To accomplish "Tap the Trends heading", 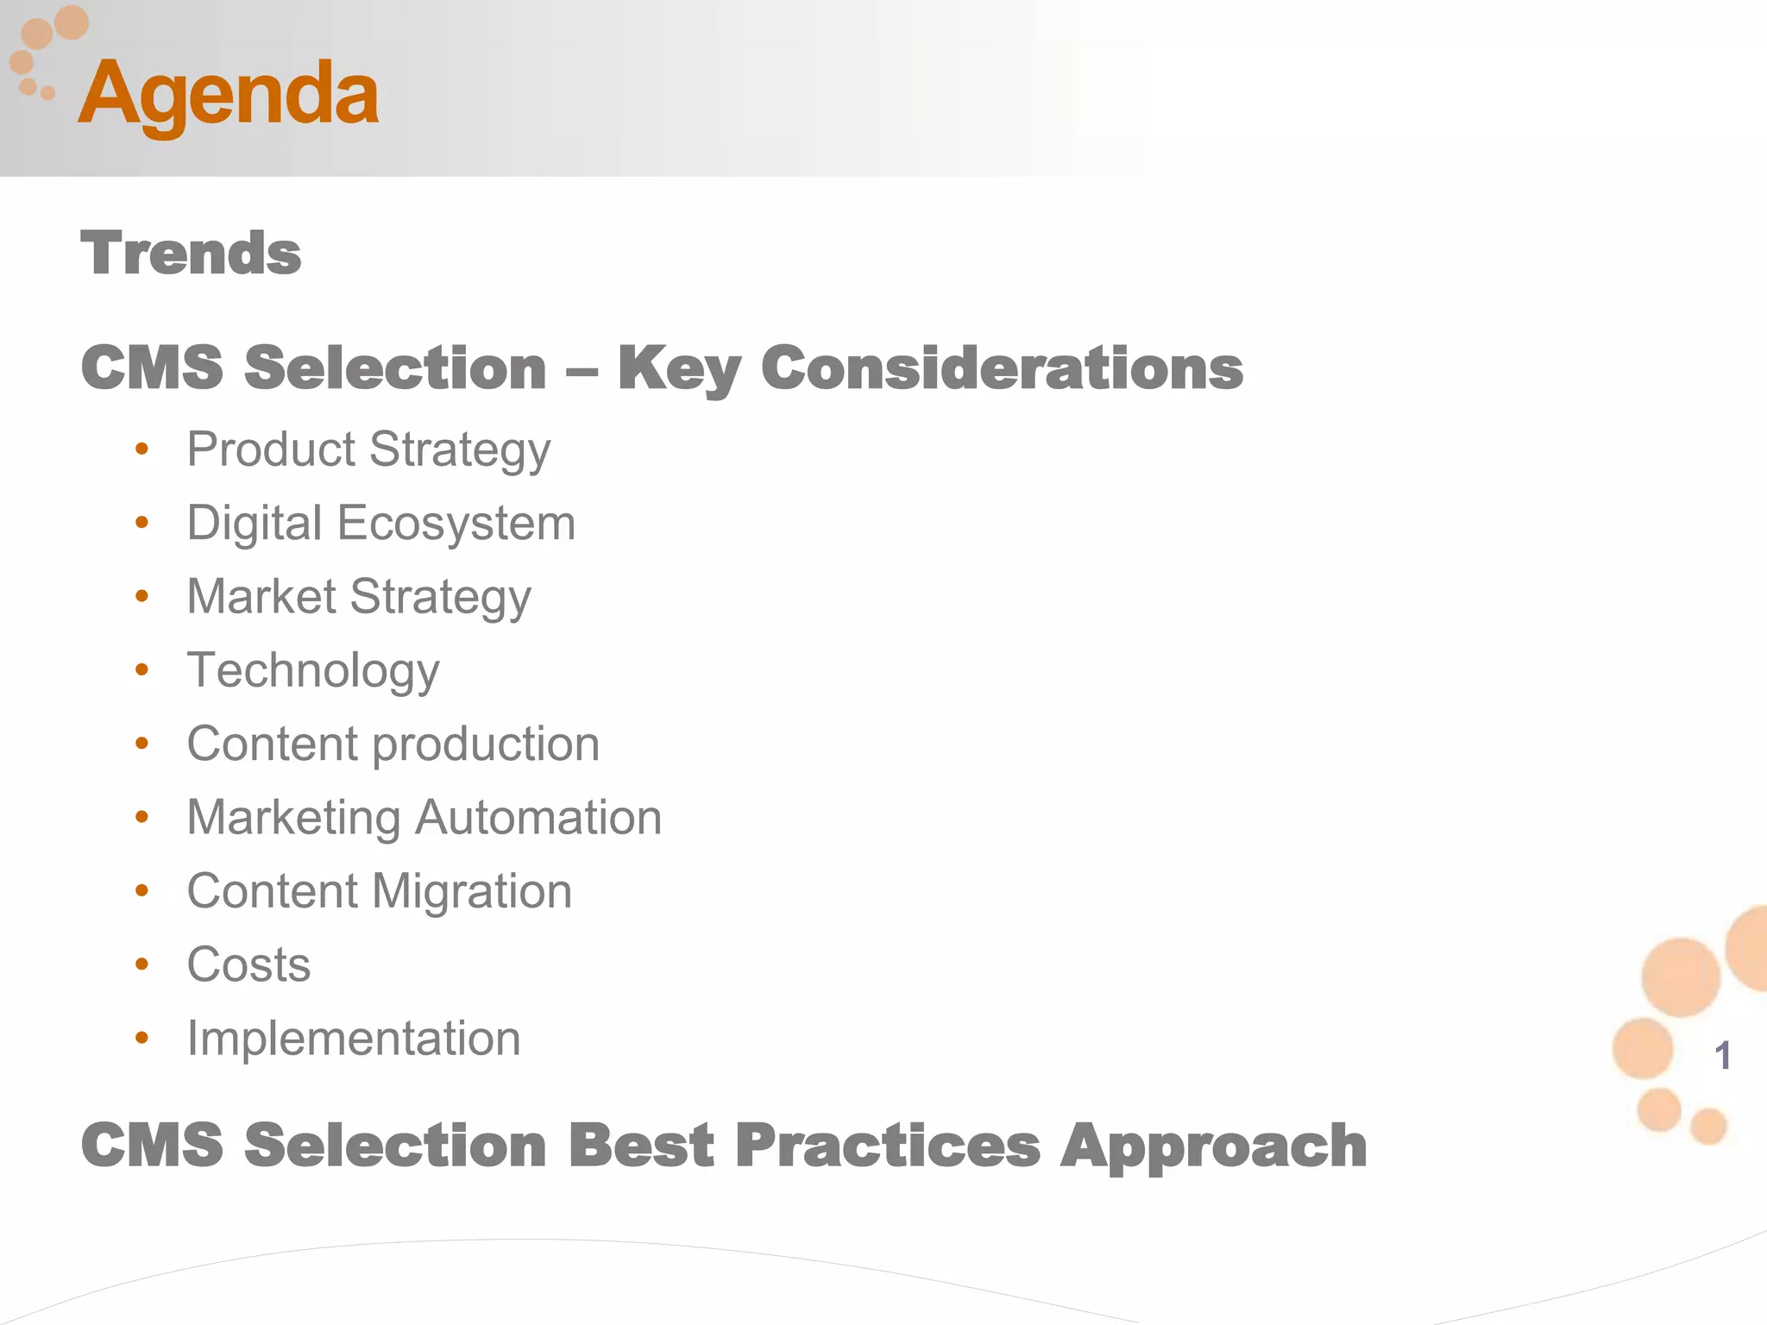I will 191,254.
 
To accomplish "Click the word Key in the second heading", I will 679,369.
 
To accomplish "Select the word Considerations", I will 1002,368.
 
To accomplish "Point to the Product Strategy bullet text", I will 368,450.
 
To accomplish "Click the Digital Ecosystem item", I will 380,524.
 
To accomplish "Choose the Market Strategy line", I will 359,597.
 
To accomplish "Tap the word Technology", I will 313,671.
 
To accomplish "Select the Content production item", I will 393,744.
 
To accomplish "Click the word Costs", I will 248,964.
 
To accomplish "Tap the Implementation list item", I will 354,1038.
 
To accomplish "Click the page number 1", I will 1722,1056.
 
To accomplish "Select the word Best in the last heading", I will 641,1146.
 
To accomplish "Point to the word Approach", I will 1214,1147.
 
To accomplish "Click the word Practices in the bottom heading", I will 888,1146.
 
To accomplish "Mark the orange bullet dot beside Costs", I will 142,964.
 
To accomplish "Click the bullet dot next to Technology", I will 142,670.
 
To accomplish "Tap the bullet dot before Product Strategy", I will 142,449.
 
